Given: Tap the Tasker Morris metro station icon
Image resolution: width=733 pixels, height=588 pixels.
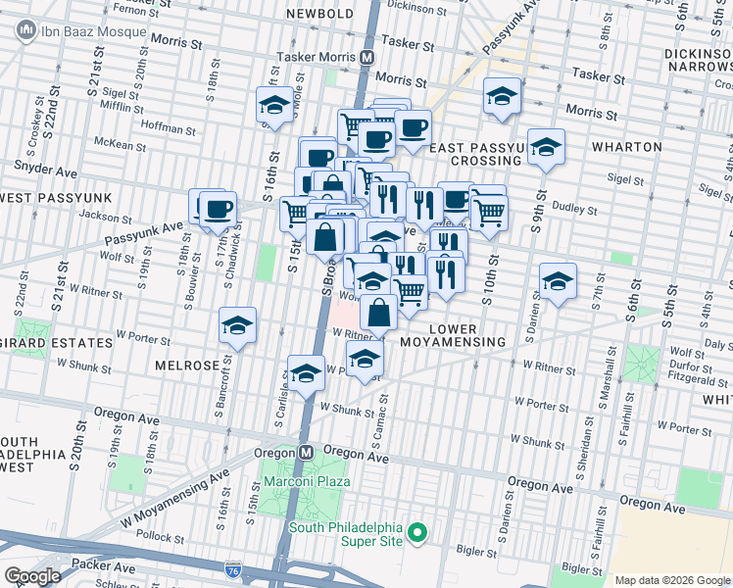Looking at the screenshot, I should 366,57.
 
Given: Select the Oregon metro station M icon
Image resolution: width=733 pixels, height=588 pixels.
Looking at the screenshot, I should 306,453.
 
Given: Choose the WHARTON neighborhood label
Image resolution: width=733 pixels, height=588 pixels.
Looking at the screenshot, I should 627,147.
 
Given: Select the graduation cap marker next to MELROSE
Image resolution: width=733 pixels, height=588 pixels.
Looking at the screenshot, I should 237,326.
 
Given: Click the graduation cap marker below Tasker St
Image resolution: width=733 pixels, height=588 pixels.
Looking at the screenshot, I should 502,96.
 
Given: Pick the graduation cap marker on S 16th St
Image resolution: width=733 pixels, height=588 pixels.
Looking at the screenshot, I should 274,106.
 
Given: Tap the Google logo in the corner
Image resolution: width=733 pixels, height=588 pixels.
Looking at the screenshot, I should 33,575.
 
